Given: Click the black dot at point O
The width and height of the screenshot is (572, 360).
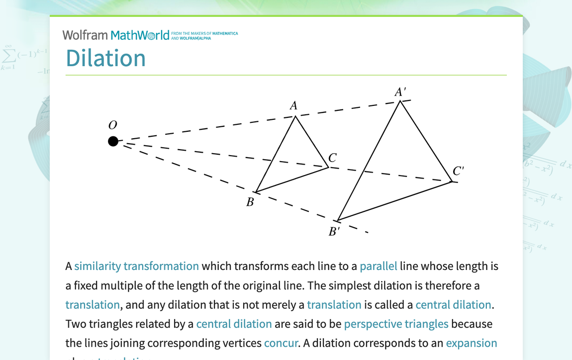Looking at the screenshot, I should coord(113,141).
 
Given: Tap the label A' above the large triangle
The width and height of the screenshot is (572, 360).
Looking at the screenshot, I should coord(400,92).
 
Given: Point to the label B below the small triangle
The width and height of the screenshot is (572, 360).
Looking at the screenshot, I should coord(250,202).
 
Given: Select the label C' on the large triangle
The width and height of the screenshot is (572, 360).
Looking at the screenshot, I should coord(458,172).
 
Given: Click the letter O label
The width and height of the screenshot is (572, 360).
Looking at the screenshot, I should coord(112,125).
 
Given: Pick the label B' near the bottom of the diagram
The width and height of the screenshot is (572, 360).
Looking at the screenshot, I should coord(334,232).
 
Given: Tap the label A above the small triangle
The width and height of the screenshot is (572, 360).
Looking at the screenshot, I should coord(293,105).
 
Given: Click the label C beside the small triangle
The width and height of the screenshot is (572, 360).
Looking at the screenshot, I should coord(332,158).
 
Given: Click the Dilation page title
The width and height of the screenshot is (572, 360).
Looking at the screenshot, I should coord(105,58).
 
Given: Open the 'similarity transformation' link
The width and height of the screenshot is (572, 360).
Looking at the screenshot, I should coord(136,266).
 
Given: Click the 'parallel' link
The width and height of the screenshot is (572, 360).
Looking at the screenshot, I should coord(379,266).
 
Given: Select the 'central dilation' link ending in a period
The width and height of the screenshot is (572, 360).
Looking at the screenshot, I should coord(453,304).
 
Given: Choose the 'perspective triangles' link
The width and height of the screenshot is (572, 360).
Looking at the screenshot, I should coord(396,324).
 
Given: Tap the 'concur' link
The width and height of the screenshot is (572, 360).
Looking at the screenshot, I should coord(281,343).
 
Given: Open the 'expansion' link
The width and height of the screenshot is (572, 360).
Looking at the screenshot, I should coord(472,343).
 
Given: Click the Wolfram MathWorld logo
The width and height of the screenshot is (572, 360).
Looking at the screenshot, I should coord(116,35).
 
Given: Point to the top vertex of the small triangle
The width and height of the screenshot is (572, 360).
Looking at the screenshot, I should coord(296,116).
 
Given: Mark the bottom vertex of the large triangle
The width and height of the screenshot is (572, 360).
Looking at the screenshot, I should coord(338,221).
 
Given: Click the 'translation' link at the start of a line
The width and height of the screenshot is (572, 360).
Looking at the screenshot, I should coord(93,304).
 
